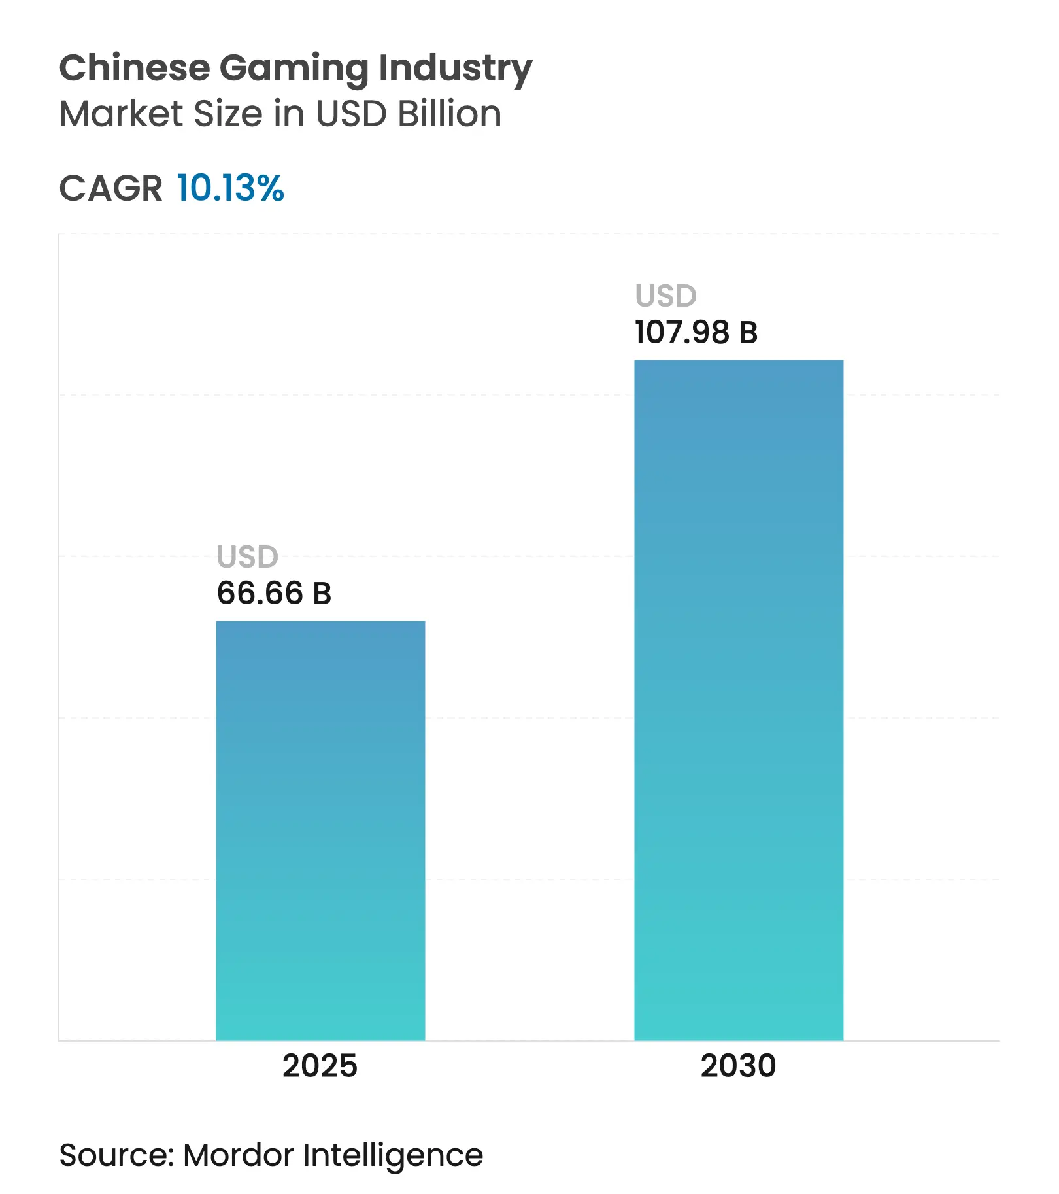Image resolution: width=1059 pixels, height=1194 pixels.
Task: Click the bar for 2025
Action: (320, 830)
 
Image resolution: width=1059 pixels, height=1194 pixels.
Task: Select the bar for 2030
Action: (739, 700)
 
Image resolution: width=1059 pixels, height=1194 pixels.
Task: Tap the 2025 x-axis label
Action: (320, 1066)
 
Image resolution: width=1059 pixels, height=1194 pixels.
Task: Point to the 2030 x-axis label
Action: (738, 1066)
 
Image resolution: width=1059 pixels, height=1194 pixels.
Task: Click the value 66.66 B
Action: (274, 593)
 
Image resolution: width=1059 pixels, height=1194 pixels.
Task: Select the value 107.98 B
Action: (696, 332)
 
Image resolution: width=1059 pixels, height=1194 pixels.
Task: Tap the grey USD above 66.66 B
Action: (247, 557)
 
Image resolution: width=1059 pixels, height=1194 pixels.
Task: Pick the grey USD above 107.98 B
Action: (665, 296)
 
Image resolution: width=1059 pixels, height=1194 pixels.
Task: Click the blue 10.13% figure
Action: (230, 188)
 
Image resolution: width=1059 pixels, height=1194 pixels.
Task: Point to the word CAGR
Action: (110, 189)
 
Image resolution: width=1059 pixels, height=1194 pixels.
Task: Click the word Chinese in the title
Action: (135, 68)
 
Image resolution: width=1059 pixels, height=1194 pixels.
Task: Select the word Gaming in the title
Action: (294, 69)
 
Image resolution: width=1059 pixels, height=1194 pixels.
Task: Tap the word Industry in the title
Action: (456, 69)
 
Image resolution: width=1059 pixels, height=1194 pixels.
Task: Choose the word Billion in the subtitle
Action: (450, 114)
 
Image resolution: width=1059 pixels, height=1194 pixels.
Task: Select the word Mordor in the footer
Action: (239, 1155)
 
